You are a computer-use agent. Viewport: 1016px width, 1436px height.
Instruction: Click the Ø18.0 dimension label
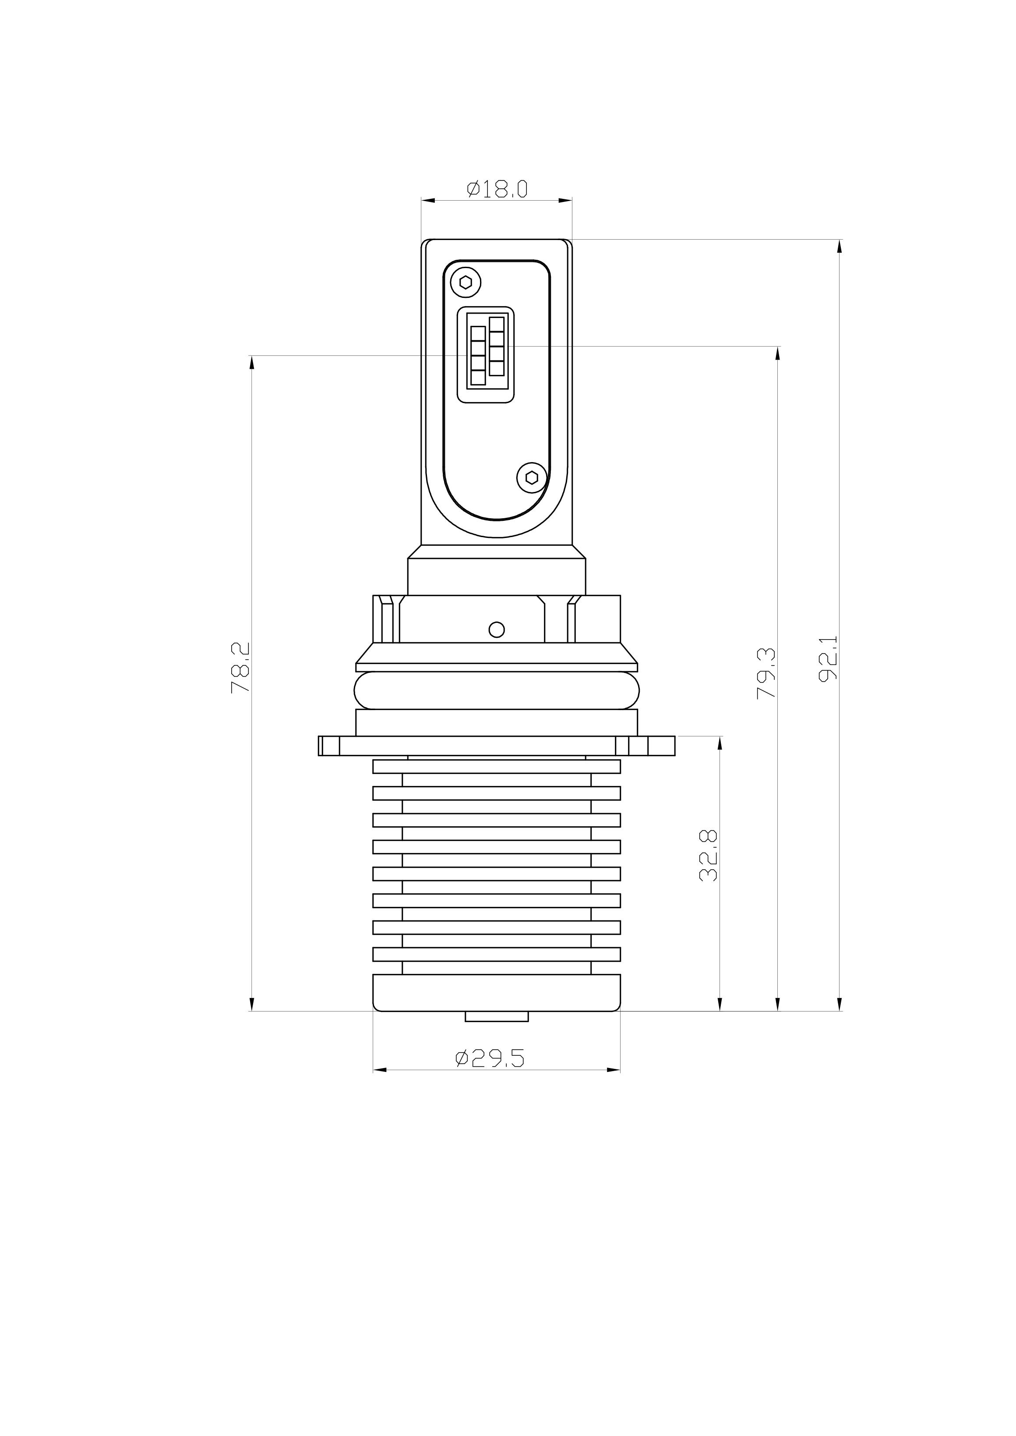click(x=497, y=189)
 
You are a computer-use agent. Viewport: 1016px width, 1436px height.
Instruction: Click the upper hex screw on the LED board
click(x=466, y=282)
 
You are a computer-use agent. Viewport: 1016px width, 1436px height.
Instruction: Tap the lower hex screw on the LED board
click(x=531, y=478)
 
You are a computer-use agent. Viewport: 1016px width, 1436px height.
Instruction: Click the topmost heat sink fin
click(x=497, y=767)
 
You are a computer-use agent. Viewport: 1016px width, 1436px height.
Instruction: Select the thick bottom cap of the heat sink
click(x=497, y=993)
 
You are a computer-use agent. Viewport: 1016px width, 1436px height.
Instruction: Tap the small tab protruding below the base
click(x=497, y=1016)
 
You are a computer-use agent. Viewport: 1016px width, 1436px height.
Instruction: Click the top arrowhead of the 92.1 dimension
click(x=840, y=246)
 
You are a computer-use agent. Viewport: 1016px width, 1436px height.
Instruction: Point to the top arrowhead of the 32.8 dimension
click(x=720, y=743)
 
